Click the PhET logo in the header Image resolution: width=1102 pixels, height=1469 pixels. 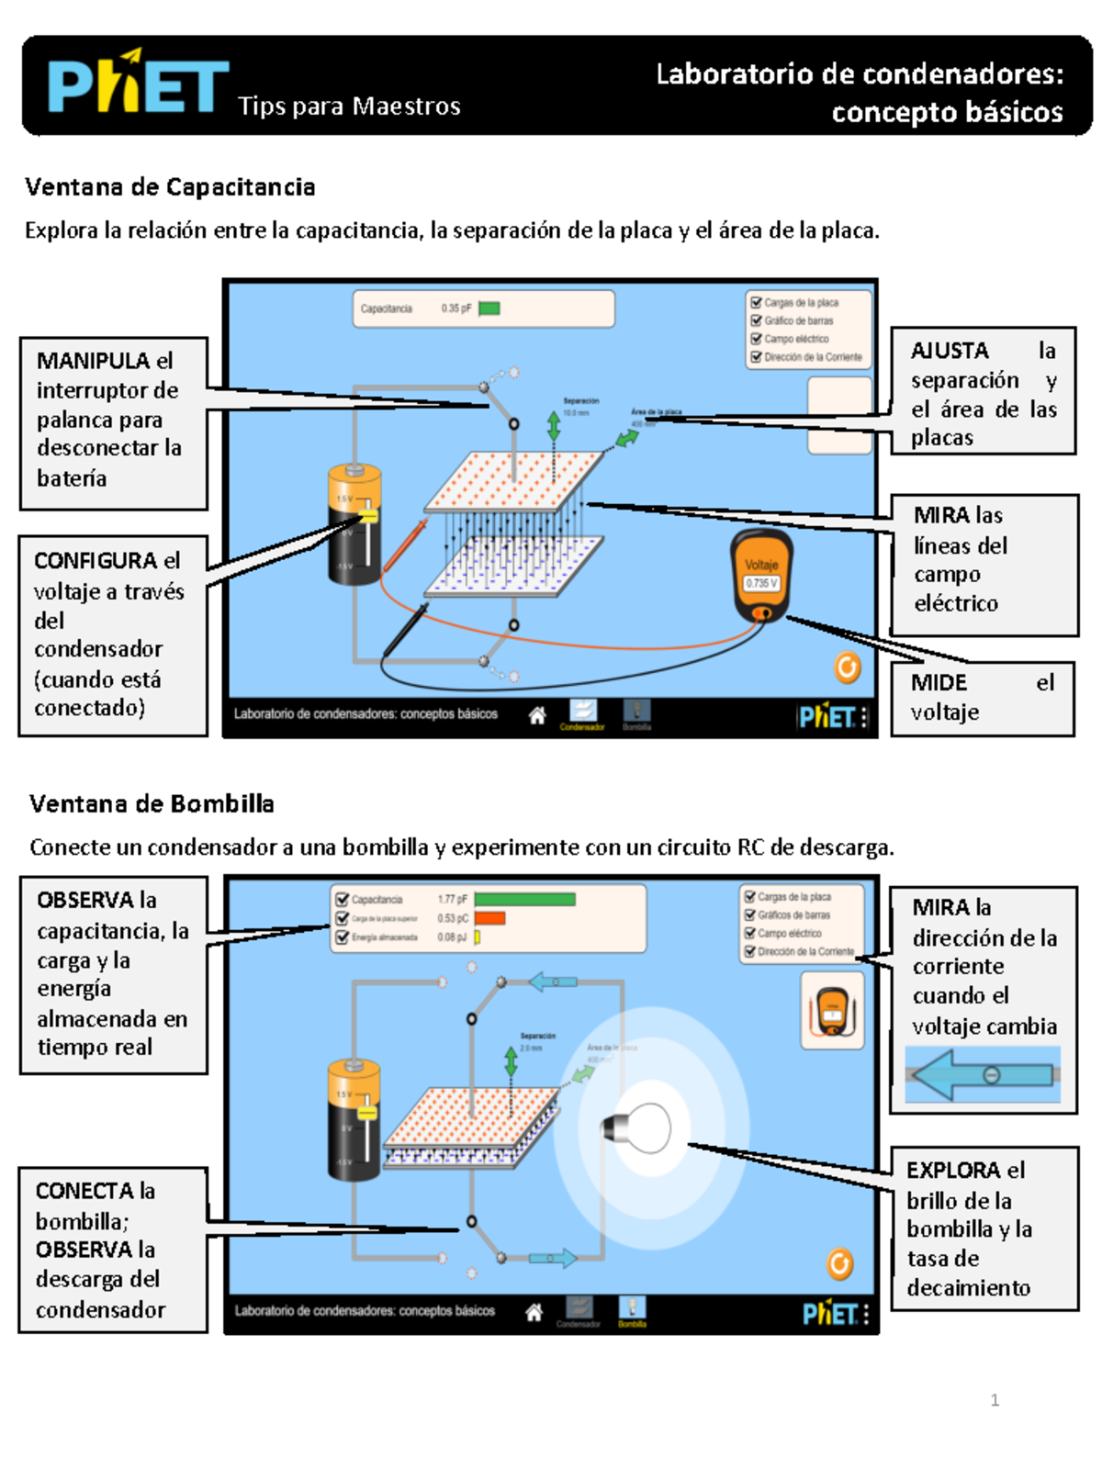[138, 84]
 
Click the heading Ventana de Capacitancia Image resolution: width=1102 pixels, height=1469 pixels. [170, 187]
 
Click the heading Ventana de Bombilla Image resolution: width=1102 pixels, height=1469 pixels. [152, 804]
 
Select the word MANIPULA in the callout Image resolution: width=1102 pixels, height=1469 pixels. [93, 361]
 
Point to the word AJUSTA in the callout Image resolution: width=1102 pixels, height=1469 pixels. [950, 351]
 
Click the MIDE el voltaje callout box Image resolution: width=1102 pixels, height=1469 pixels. [982, 698]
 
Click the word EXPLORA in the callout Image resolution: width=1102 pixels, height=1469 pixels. [953, 1171]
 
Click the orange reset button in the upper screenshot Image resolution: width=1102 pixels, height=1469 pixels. [847, 667]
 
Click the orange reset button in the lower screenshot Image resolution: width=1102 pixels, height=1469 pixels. [839, 1264]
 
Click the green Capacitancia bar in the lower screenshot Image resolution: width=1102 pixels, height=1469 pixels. [524, 900]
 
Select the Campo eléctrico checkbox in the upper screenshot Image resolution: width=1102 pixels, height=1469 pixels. [757, 339]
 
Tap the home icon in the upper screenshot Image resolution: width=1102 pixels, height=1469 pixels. [537, 715]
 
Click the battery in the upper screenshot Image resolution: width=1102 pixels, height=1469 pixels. [354, 523]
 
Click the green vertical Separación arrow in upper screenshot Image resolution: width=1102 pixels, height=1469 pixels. [554, 427]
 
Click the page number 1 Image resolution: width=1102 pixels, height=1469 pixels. [995, 1400]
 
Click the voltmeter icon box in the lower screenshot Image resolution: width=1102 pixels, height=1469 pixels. [832, 1010]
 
